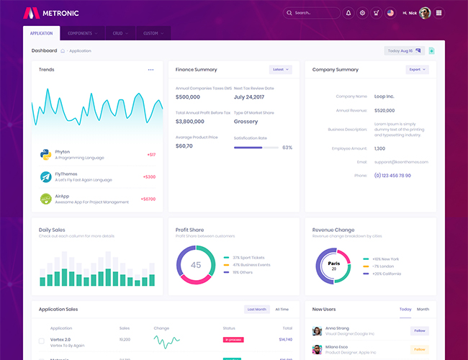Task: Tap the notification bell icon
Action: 348,13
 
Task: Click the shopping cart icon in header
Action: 376,13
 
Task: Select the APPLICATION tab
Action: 41,33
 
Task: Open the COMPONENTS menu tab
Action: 83,33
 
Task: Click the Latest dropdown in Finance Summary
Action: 280,70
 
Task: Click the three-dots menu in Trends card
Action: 151,70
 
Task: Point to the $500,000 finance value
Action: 188,96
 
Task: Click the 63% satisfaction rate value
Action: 287,148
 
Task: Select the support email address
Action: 401,162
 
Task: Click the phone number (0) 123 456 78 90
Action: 392,175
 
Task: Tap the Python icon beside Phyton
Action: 45,154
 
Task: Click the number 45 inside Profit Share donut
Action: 196,265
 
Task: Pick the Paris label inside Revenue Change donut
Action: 333,264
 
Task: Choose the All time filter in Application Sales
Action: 282,309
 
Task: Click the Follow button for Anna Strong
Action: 419,330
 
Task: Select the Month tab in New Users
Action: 423,309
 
